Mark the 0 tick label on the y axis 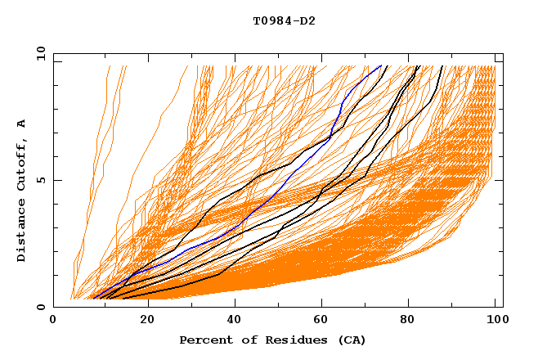click(40, 307)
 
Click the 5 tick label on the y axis click(40, 180)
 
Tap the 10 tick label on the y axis click(38, 53)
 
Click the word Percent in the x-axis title click(203, 340)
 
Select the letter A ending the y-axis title click(21, 124)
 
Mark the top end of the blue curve click(381, 66)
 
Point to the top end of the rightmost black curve click(442, 66)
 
